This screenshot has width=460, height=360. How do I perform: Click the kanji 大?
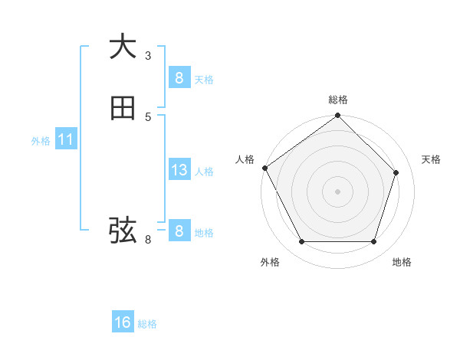pyautogui.click(x=123, y=47)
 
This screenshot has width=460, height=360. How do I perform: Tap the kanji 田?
pyautogui.click(x=123, y=108)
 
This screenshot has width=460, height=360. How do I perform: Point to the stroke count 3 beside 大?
pyautogui.click(x=148, y=55)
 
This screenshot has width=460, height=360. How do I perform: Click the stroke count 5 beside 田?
pyautogui.click(x=148, y=116)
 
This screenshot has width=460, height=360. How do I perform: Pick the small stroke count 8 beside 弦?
pyautogui.click(x=148, y=240)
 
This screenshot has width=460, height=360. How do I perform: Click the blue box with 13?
pyautogui.click(x=179, y=170)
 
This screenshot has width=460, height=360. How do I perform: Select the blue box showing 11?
pyautogui.click(x=65, y=139)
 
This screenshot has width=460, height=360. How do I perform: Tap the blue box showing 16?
pyautogui.click(x=123, y=322)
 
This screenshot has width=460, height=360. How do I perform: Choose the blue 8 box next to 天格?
pyautogui.click(x=179, y=77)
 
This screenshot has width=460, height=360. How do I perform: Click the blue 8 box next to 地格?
pyautogui.click(x=179, y=231)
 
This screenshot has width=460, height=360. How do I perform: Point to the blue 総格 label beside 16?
pyautogui.click(x=147, y=324)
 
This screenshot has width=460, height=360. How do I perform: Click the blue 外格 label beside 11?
pyautogui.click(x=41, y=141)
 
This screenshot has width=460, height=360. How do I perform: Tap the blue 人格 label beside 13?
pyautogui.click(x=205, y=172)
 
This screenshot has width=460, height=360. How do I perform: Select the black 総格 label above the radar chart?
pyautogui.click(x=337, y=100)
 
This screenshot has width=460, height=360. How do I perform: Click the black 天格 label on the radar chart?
pyautogui.click(x=431, y=159)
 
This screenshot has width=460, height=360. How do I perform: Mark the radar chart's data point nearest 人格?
pyautogui.click(x=264, y=168)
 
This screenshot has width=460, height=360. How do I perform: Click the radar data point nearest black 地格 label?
pyautogui.click(x=373, y=242)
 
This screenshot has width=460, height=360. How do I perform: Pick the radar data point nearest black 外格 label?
pyautogui.click(x=301, y=242)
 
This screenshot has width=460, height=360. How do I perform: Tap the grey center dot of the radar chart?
pyautogui.click(x=337, y=191)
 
